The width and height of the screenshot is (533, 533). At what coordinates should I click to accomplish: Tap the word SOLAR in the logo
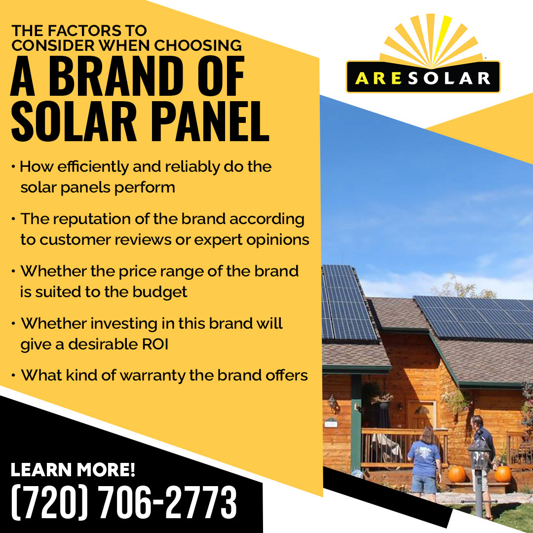[449, 78]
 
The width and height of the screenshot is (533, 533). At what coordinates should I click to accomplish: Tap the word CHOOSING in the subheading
[198, 45]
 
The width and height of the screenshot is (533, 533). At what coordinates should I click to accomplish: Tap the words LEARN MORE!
[73, 470]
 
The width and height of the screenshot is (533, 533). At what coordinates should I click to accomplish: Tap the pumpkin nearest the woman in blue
[456, 473]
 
